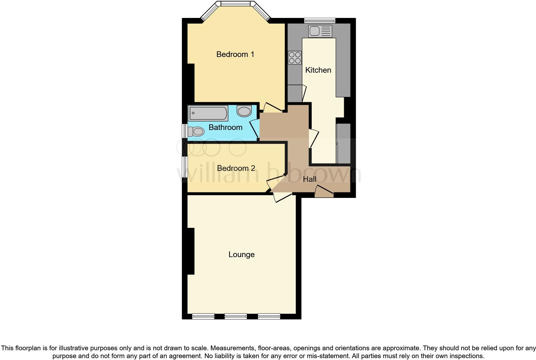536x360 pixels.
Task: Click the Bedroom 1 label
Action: pyautogui.click(x=235, y=54)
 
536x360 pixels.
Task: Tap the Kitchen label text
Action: pyautogui.click(x=318, y=70)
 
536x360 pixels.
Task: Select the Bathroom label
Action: pyautogui.click(x=225, y=127)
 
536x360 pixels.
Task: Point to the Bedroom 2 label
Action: pyautogui.click(x=236, y=168)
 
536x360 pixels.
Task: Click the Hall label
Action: pyautogui.click(x=309, y=179)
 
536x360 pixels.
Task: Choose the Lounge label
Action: pyautogui.click(x=241, y=255)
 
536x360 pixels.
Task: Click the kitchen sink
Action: pyautogui.click(x=320, y=31)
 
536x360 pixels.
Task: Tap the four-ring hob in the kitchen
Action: pyautogui.click(x=295, y=58)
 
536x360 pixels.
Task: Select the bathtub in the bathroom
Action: pyautogui.click(x=208, y=113)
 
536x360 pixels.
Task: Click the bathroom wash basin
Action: pyautogui.click(x=244, y=111)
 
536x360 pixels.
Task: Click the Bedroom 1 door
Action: pyautogui.click(x=272, y=108)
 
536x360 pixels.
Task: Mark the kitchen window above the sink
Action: pyautogui.click(x=320, y=21)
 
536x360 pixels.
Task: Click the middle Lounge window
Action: pyautogui.click(x=236, y=316)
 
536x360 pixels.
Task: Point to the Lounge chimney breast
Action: pyautogui.click(x=191, y=251)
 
